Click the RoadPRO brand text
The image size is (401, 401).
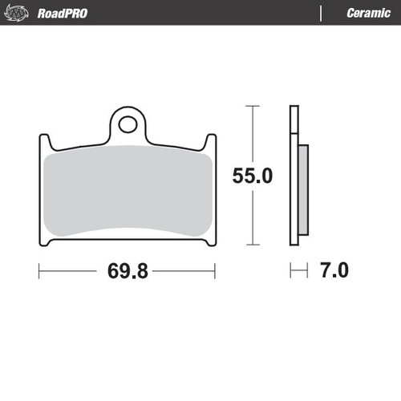[63, 13]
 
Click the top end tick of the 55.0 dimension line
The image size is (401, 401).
[253, 106]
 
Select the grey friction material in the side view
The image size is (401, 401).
[302, 191]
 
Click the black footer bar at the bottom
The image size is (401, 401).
[200, 395]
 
